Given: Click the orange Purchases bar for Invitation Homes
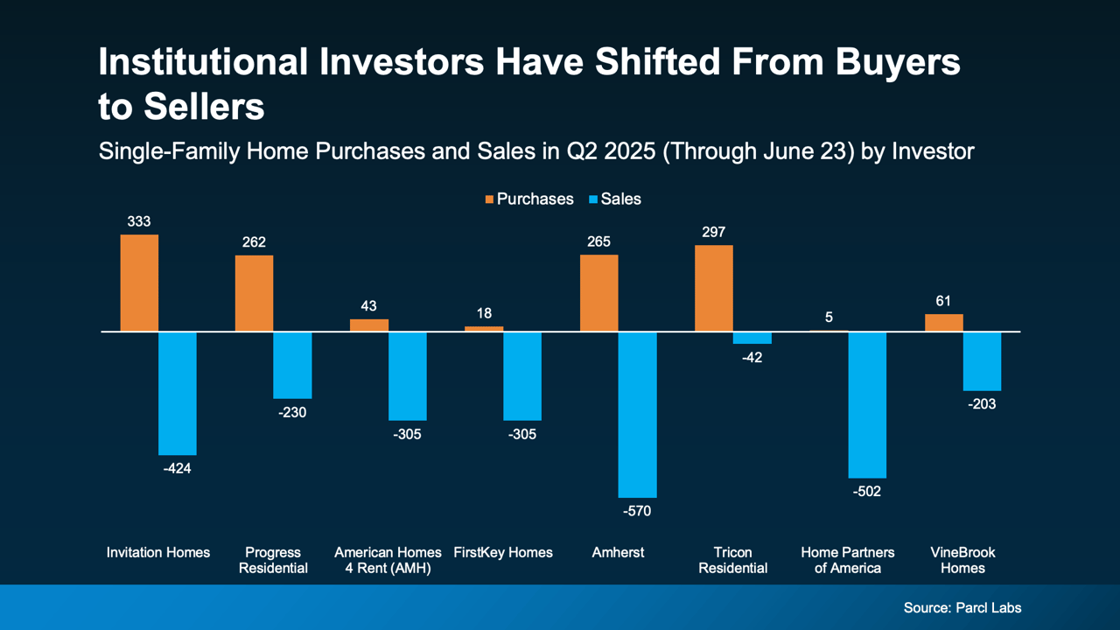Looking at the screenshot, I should (x=139, y=283).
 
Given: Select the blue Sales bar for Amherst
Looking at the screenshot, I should (x=637, y=414).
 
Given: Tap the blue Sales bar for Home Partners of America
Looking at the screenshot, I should (x=867, y=404).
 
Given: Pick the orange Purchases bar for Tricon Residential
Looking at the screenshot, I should (x=714, y=288).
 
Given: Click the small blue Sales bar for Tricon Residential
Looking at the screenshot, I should (x=752, y=338).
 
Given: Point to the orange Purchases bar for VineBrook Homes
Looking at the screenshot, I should (x=944, y=323).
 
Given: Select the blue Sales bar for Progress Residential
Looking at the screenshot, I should (x=292, y=365).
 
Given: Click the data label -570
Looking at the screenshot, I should (x=637, y=511).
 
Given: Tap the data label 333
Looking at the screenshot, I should (x=139, y=222).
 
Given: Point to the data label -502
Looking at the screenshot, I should (x=867, y=491).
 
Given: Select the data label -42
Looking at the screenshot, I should (x=752, y=357).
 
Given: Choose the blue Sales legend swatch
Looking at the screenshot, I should (x=592, y=199).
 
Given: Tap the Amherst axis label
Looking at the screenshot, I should (x=618, y=552).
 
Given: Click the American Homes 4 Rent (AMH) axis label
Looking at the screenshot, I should (x=388, y=560).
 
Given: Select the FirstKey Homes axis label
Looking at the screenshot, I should (x=503, y=552).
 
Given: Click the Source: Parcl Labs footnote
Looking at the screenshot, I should (x=962, y=607).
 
